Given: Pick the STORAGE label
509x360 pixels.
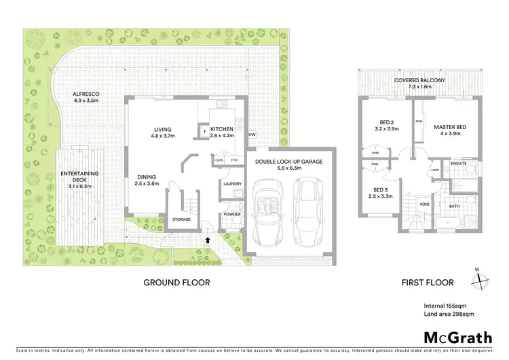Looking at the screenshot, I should [x=181, y=219].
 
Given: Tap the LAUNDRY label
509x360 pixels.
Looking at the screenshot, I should [x=232, y=183].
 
